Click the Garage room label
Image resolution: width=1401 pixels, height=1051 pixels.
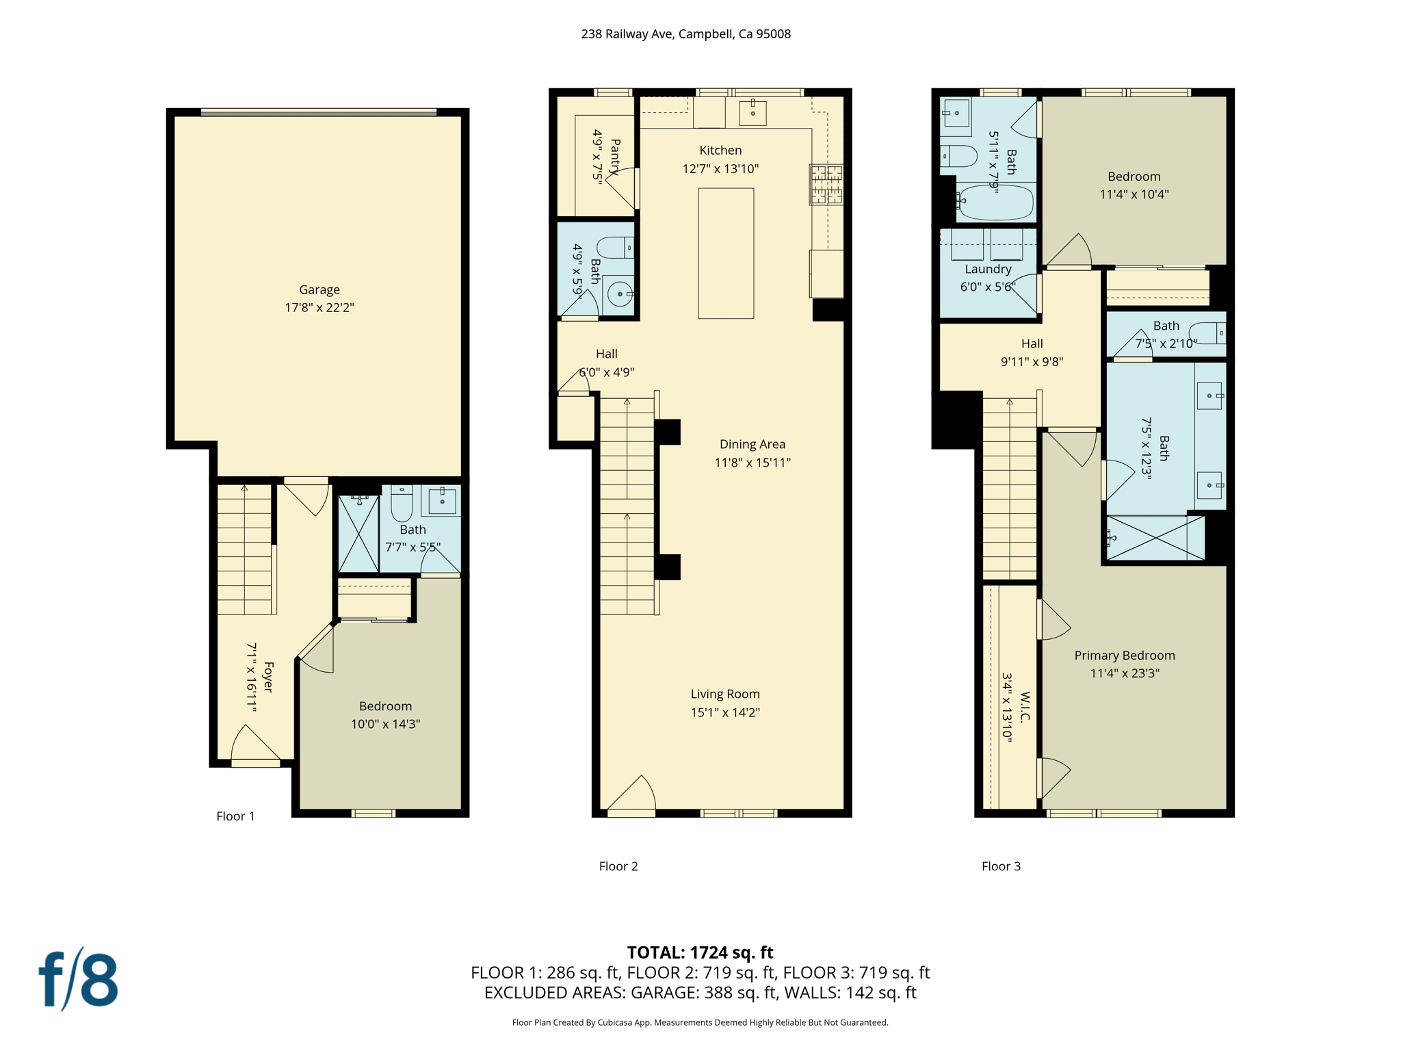(319, 289)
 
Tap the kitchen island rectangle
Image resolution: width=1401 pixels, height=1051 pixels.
(726, 253)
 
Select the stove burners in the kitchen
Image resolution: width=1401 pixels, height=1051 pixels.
(826, 185)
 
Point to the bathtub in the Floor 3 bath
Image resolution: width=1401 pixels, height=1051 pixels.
(995, 202)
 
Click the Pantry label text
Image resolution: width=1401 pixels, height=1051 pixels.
(615, 157)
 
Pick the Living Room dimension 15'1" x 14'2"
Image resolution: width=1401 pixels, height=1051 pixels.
(725, 712)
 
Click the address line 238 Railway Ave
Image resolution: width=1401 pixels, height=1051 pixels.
(685, 34)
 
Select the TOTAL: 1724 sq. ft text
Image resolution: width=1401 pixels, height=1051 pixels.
(700, 952)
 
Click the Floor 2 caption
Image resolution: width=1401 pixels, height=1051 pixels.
(618, 866)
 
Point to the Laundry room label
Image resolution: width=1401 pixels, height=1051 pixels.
(988, 269)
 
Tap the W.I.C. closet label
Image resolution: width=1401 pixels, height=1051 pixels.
(1025, 707)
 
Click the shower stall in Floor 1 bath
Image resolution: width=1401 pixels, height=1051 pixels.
(358, 534)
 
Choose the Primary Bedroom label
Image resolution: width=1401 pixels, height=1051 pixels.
(1125, 655)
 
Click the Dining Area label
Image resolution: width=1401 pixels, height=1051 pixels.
(752, 444)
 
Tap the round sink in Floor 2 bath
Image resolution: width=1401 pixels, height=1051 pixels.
(620, 294)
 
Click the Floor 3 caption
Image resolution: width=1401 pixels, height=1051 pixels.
(1001, 866)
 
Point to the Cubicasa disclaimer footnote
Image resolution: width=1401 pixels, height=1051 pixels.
(700, 1022)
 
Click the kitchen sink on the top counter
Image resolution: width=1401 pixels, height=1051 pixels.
(752, 112)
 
